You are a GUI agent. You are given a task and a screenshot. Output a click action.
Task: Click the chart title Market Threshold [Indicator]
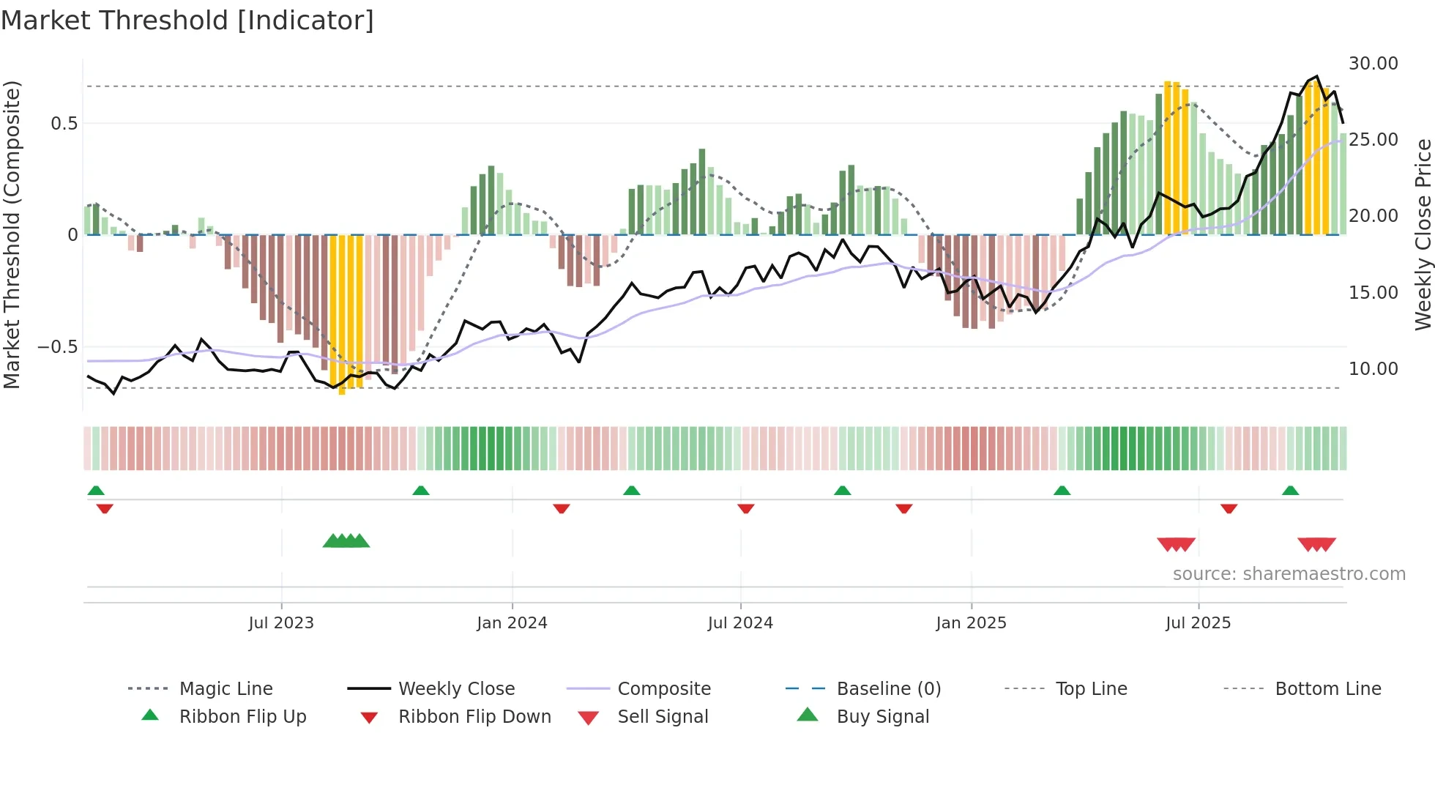(187, 21)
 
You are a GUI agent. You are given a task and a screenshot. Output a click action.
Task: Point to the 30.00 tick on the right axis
(1373, 64)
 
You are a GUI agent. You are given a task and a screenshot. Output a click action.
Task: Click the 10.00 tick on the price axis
(1373, 369)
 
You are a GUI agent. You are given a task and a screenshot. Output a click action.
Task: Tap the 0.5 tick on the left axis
(64, 124)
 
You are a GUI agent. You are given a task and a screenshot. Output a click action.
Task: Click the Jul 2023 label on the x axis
(281, 623)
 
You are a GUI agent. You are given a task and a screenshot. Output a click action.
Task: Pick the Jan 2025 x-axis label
(971, 623)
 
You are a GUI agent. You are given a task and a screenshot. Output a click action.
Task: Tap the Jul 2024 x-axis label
(740, 623)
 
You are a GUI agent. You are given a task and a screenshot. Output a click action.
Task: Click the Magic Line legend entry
(225, 689)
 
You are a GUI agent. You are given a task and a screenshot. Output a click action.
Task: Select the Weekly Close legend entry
(456, 689)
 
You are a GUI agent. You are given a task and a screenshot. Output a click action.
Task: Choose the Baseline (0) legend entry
(888, 689)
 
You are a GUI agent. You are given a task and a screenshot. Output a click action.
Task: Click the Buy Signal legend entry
(882, 717)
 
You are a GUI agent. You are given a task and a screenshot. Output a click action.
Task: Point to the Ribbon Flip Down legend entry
(474, 717)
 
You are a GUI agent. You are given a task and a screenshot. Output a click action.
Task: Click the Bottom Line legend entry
(1327, 689)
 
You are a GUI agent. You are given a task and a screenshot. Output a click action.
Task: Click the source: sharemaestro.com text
(1289, 574)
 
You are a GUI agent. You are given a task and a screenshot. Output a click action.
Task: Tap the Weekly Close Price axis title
(1423, 234)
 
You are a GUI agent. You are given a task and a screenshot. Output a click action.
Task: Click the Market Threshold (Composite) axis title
(12, 234)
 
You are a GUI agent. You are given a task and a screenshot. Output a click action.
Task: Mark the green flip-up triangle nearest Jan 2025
(1062, 491)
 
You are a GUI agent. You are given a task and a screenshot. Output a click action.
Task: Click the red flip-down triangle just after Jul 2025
(1229, 508)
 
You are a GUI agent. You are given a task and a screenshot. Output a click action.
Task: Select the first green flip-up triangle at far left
(96, 491)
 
